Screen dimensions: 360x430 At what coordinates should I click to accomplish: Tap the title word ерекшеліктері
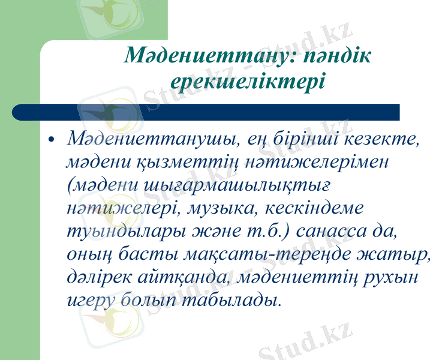pyautogui.click(x=248, y=81)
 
